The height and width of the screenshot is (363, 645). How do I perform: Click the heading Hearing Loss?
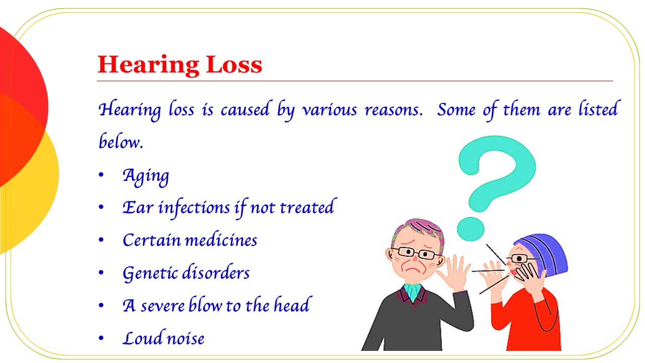180,65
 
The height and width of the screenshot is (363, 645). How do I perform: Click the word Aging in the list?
146,175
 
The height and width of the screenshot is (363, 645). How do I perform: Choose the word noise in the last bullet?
186,338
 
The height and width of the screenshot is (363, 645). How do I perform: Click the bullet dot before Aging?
101,175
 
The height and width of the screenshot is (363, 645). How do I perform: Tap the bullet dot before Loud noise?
101,338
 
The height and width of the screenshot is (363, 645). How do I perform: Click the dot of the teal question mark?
470,227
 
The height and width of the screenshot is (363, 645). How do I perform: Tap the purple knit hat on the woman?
546,252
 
